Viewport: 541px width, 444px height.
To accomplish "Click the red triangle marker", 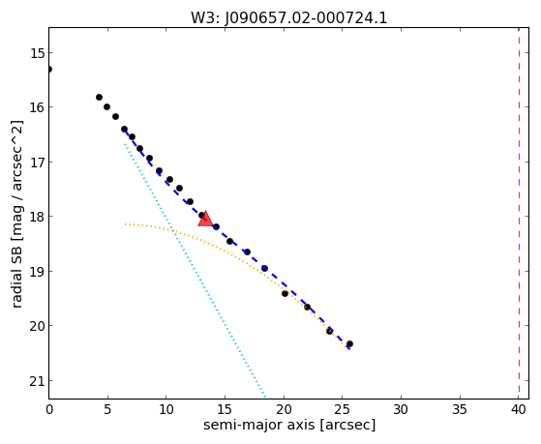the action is [205, 219].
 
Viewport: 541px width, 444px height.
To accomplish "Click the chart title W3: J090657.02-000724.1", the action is [289, 18].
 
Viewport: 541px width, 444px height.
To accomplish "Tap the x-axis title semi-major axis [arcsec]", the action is [289, 425].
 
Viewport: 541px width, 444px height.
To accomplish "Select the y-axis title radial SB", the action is [16, 276].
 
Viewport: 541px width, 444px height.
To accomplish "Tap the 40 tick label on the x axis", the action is [518, 409].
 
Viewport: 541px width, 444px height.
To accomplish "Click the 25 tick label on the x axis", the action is [343, 409].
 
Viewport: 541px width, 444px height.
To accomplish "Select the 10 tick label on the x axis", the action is [166, 409].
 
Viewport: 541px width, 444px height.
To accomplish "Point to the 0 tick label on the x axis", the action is [49, 409].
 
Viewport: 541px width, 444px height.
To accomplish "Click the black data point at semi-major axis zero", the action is [49, 70].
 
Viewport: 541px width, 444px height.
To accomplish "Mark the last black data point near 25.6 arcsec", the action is [349, 344].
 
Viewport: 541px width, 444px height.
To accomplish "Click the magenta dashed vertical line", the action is [519, 213].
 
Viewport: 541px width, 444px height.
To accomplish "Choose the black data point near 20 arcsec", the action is [285, 294].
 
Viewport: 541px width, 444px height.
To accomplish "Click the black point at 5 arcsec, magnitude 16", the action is [107, 107].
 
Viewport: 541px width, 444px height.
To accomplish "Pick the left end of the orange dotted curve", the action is [125, 224].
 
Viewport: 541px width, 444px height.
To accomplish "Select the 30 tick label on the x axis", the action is [401, 409].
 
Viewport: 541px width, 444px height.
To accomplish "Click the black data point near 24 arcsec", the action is [329, 331].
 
